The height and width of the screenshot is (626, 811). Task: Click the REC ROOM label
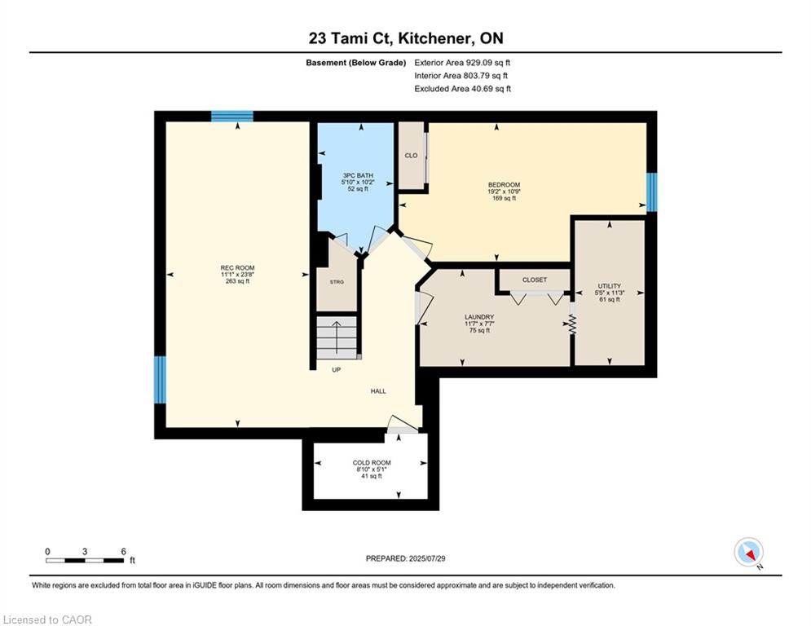coord(237,268)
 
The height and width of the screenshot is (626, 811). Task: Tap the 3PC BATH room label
coord(358,175)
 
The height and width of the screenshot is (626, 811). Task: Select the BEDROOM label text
coord(504,185)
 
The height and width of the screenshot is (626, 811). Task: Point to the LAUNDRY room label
coord(479,317)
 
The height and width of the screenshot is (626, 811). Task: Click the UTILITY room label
coord(610,286)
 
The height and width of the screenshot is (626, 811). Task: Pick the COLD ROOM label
coord(372,463)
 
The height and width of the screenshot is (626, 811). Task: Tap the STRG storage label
coord(337,282)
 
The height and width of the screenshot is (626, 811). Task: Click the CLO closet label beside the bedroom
coord(411,155)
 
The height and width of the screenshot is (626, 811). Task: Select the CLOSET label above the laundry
coord(535,280)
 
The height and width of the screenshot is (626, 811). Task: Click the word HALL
coord(378,391)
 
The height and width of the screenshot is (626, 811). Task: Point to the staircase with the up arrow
coord(337,337)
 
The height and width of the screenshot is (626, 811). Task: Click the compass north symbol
coord(749,552)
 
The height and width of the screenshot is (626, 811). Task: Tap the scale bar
coord(85,560)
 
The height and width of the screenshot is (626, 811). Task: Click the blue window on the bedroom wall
coord(652,192)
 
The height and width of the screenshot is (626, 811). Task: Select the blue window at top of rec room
coord(232,116)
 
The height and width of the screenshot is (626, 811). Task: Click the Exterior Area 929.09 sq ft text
coord(462,63)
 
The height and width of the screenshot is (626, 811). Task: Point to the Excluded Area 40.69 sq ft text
coord(462,89)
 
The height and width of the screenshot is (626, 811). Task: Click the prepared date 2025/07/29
coord(427,558)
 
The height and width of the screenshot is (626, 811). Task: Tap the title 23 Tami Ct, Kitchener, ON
coord(406,38)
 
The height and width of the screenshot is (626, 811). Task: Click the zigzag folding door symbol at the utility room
coord(572,324)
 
